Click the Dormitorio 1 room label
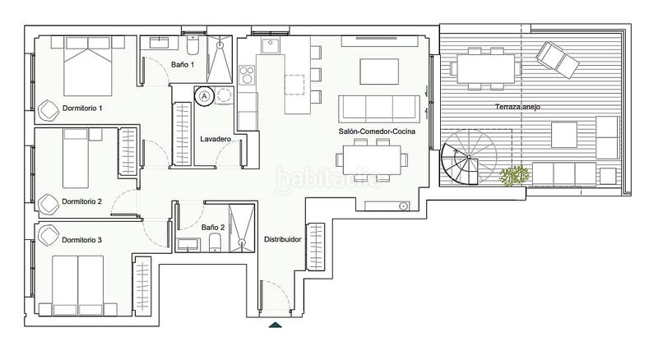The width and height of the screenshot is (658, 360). click(82, 108)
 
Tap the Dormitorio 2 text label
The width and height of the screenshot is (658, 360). click(82, 201)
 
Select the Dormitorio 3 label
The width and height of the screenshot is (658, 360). click(82, 240)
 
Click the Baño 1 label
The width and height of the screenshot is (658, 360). click(183, 64)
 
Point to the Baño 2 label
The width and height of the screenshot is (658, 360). click(213, 227)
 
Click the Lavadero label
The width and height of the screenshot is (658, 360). click(215, 140)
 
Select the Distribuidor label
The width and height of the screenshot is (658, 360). click(282, 240)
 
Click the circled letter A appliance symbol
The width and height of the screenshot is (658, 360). click(203, 95)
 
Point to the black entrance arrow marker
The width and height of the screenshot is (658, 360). click(276, 325)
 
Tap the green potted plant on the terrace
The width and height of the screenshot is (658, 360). click(515, 175)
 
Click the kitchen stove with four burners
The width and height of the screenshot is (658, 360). click(248, 76)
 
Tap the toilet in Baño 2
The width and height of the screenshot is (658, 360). click(214, 242)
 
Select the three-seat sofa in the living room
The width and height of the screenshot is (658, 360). click(379, 108)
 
